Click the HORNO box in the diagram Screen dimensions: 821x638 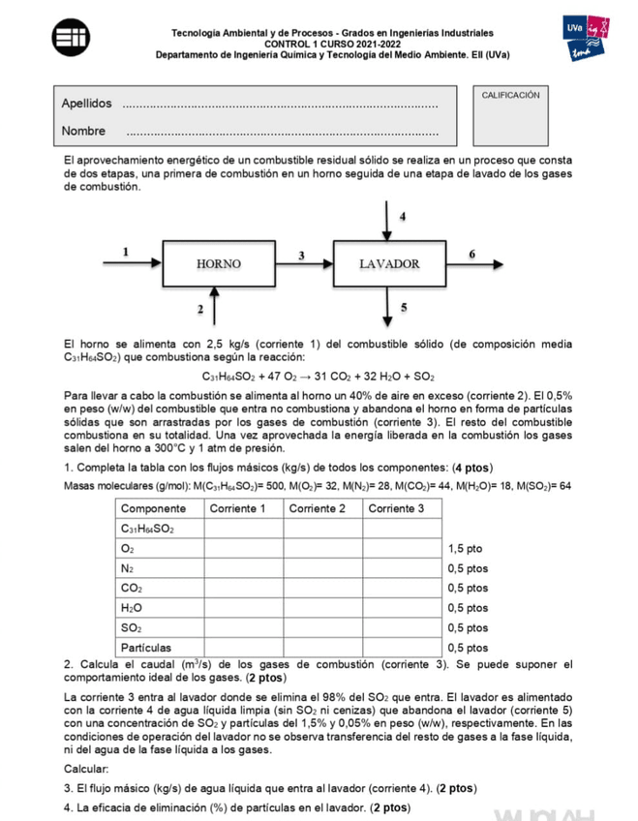(218, 263)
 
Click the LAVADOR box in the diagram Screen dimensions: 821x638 (388, 263)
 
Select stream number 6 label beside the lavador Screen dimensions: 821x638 (471, 253)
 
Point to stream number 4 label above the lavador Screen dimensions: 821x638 (403, 215)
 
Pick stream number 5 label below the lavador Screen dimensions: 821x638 (403, 307)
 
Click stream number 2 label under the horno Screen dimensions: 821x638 (200, 309)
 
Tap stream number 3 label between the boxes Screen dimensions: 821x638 (302, 255)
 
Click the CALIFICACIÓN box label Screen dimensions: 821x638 (510, 95)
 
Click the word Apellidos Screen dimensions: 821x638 (86, 104)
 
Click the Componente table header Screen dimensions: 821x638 (154, 508)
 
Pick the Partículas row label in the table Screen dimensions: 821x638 (147, 647)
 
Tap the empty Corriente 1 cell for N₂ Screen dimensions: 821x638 (243, 568)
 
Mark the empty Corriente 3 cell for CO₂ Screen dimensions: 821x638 (402, 588)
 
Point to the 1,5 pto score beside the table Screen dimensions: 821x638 (467, 548)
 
